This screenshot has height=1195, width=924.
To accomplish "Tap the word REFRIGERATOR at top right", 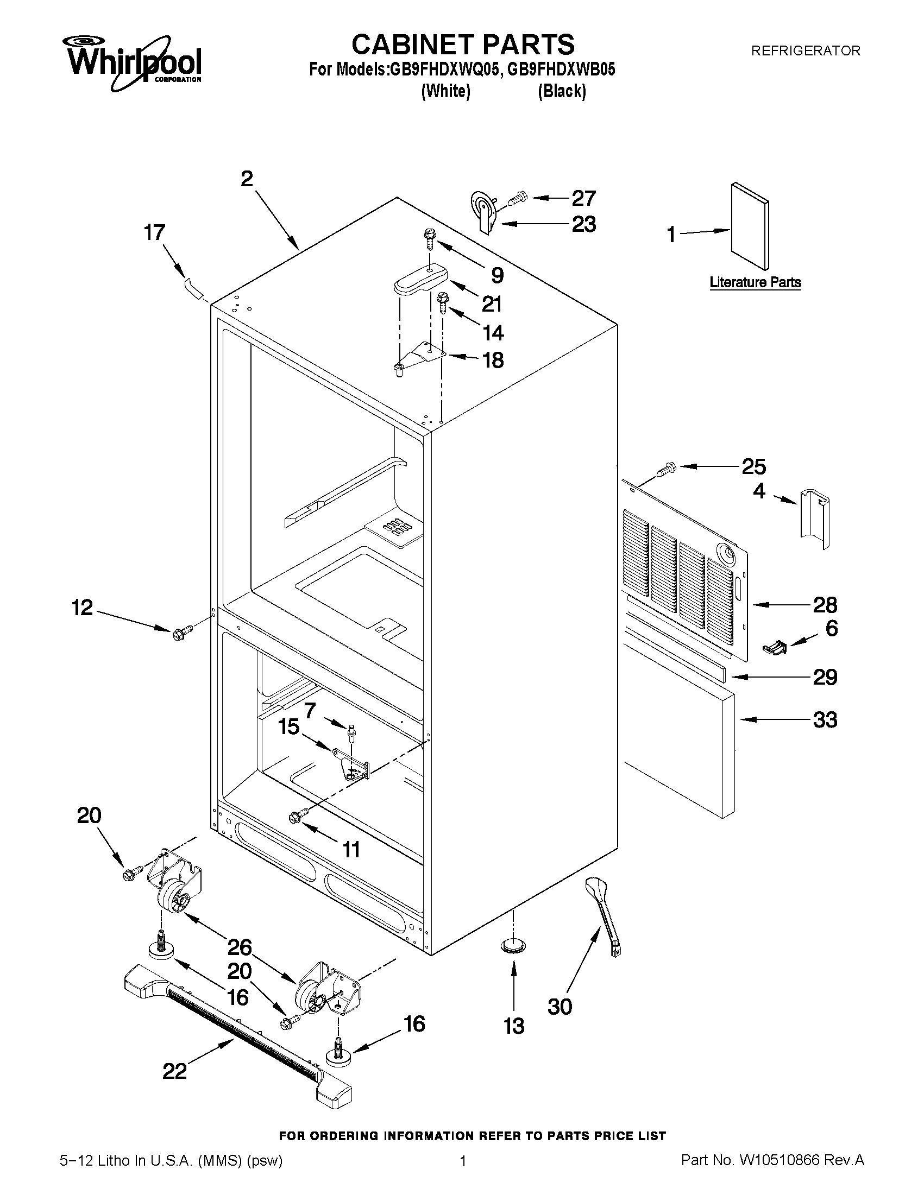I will coord(805,51).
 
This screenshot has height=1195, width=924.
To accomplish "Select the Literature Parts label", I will coord(755,282).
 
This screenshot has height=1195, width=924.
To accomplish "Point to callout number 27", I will coord(583,198).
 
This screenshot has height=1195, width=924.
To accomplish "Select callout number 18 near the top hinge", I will coord(493,360).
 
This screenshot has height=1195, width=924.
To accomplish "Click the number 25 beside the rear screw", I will coord(753,466).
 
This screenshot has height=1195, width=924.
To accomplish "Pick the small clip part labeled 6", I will coord(774,647).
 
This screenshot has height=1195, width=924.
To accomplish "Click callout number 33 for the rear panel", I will coord(825,719).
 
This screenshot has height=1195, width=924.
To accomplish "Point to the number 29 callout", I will coord(825,678).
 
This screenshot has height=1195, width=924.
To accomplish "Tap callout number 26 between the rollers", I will coord(239,946).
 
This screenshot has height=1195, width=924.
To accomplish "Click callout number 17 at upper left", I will coord(154,232).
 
